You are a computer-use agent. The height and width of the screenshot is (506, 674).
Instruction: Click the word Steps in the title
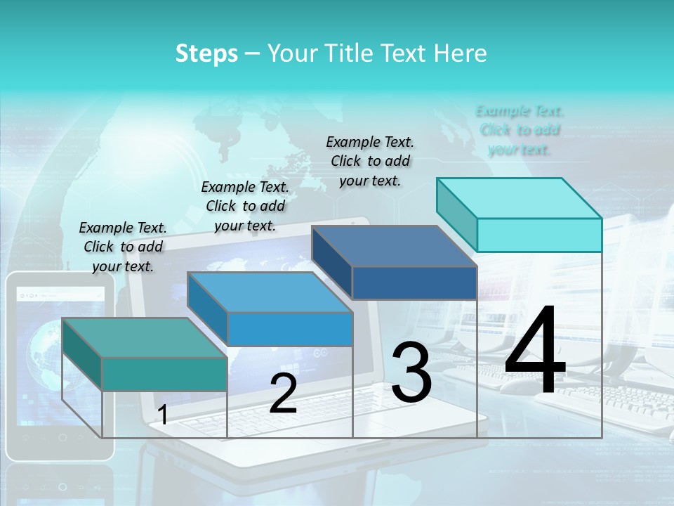coord(206,53)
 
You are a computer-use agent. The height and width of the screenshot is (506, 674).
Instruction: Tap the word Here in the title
coord(461,53)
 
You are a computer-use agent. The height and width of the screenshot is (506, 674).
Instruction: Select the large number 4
coord(535,351)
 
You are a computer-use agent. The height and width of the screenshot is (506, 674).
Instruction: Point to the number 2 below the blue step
coord(283,394)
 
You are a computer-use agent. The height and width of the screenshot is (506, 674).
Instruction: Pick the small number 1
coord(163,415)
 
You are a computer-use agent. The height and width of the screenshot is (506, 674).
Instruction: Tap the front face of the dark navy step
coord(414,283)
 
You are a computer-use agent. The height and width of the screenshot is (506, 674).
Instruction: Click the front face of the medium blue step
coord(290,329)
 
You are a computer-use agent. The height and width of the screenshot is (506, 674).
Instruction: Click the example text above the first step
coord(123,247)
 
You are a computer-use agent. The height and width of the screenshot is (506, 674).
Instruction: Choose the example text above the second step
coord(245,206)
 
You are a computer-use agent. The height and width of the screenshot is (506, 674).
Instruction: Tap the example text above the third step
coord(370,161)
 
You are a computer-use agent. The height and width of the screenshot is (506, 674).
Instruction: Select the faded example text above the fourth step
coord(520,130)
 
